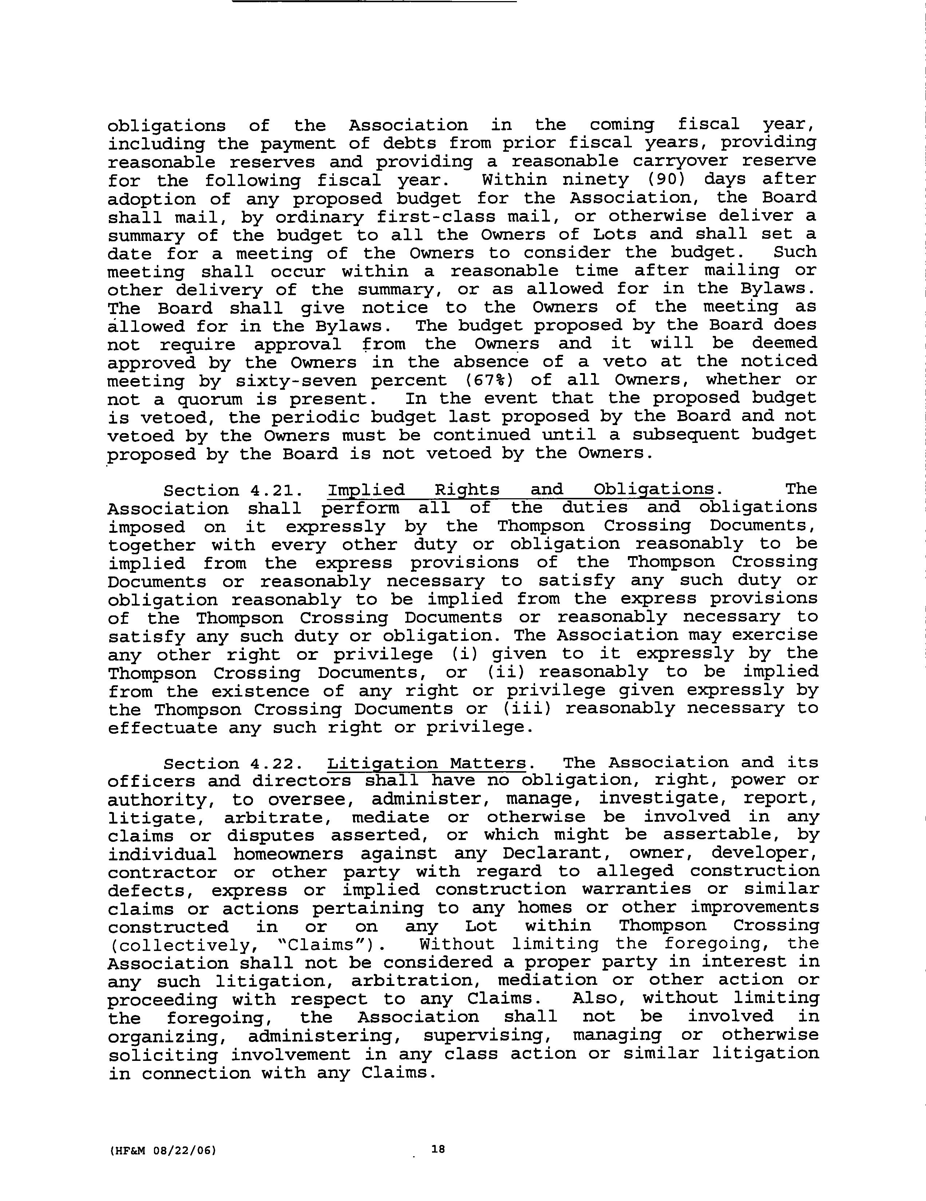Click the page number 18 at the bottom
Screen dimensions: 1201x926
click(x=438, y=1149)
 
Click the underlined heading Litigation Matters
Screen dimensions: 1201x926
click(x=427, y=763)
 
